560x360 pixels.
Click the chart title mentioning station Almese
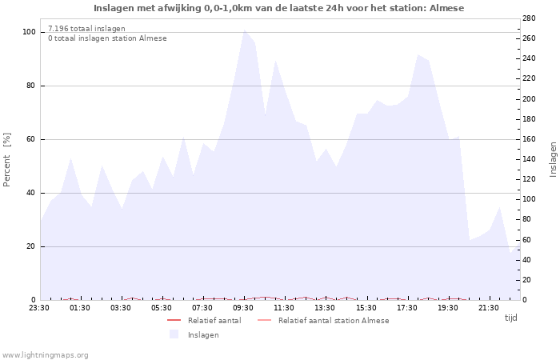tap(278, 8)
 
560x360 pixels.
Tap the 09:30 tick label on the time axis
tap(243, 307)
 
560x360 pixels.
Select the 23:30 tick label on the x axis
tap(39, 307)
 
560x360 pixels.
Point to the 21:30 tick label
tap(488, 307)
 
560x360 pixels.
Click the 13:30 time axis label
tap(325, 307)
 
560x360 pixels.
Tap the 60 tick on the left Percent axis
tap(31, 139)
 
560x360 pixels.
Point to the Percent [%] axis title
tap(8, 159)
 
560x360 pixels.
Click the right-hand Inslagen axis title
tap(552, 159)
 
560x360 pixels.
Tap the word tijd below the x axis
tap(510, 318)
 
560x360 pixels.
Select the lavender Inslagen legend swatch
tap(174, 334)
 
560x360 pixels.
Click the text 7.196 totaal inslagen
tap(86, 29)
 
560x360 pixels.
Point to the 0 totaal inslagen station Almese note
tap(107, 38)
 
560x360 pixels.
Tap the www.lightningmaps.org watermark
tap(45, 354)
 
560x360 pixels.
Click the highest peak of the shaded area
tap(245, 30)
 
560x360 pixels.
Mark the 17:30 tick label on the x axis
tap(406, 307)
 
